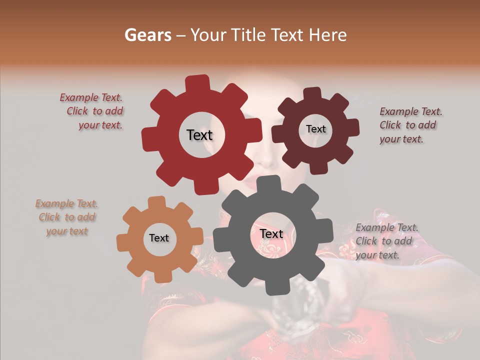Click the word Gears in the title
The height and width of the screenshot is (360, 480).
pos(147,35)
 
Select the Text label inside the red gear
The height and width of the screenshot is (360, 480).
pos(199,135)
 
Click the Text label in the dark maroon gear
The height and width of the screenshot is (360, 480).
pos(315,129)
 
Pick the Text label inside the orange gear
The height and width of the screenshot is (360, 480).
pos(159,238)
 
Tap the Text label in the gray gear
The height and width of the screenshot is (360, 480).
pos(271,233)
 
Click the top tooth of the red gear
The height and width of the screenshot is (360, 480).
pos(197,82)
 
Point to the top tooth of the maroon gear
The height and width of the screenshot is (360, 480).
pos(312,94)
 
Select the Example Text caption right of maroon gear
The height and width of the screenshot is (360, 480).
pos(410,125)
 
